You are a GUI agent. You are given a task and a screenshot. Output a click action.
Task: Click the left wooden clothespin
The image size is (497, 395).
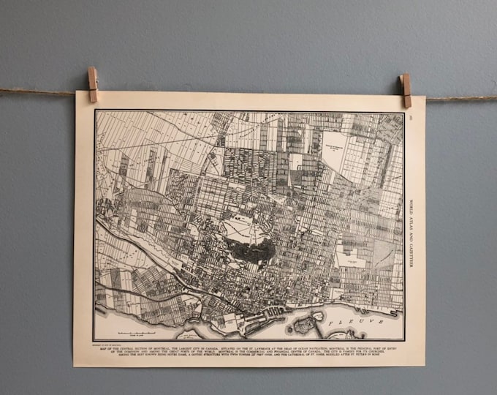(93, 83)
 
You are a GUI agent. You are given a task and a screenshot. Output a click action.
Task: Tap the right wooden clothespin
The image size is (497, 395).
(406, 89)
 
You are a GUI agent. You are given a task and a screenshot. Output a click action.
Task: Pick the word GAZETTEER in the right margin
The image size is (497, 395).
(414, 252)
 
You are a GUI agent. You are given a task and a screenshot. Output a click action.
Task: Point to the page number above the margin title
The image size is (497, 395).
(413, 118)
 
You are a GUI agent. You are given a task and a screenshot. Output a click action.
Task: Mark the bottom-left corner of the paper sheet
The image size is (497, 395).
(73, 365)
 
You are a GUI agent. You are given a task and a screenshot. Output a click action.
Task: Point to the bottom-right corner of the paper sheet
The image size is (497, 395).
(425, 366)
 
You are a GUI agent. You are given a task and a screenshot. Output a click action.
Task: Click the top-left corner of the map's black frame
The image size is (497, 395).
(95, 110)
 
